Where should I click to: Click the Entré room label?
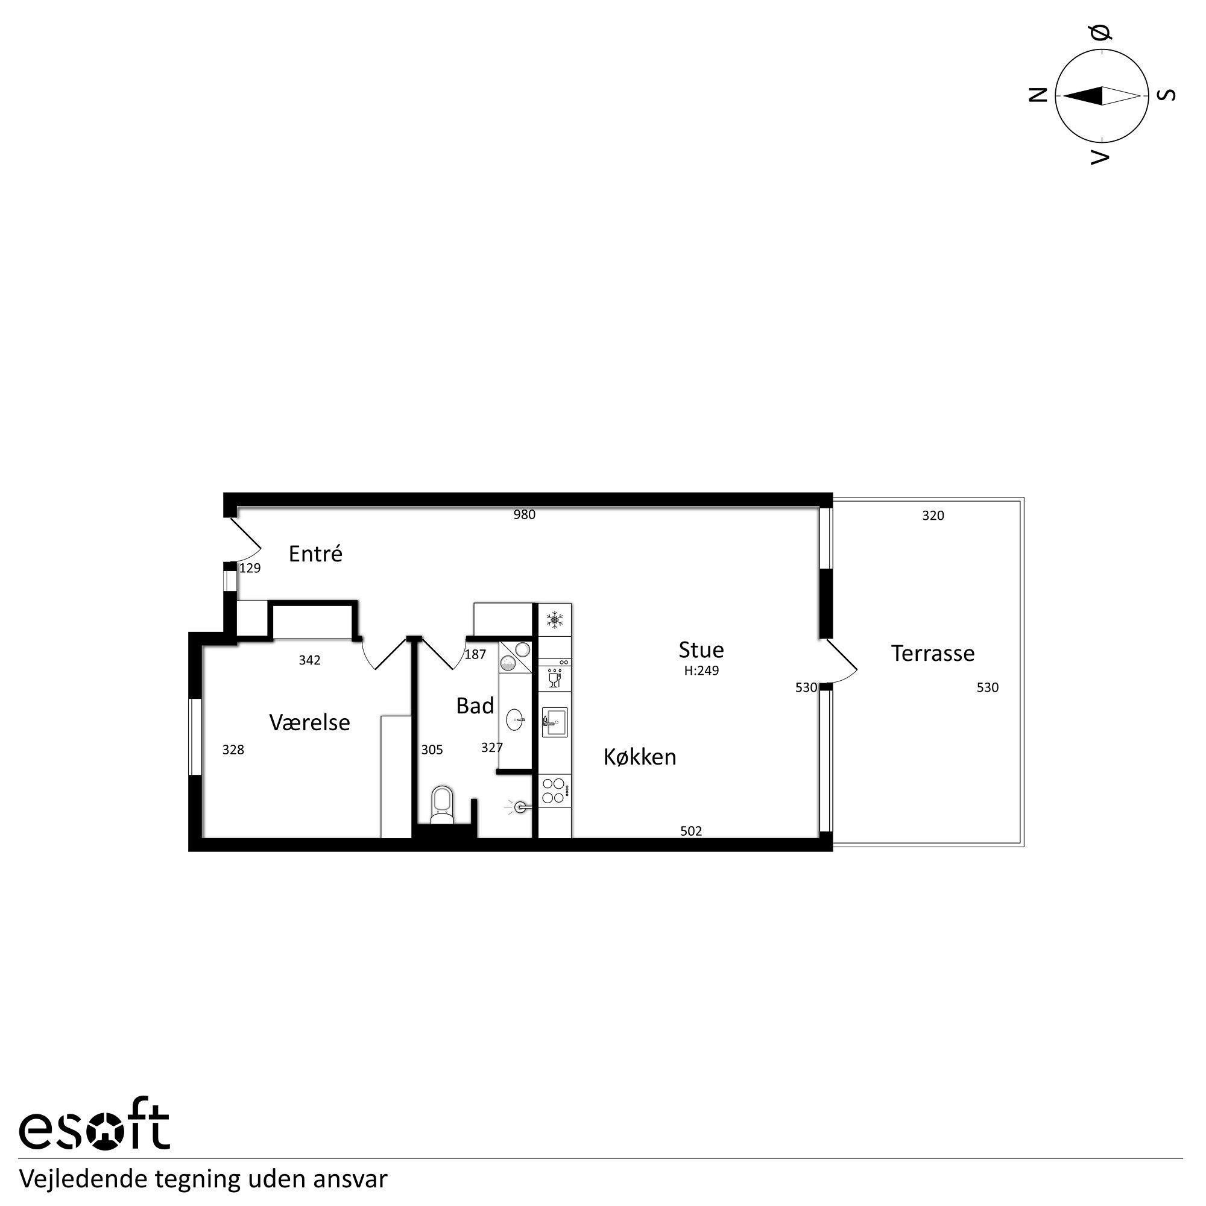pyautogui.click(x=315, y=554)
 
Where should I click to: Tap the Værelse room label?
pyautogui.click(x=309, y=722)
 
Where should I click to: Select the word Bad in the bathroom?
pyautogui.click(x=475, y=706)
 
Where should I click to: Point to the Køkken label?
pyautogui.click(x=639, y=757)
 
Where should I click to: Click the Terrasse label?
pyautogui.click(x=932, y=653)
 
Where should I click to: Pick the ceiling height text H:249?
pyautogui.click(x=701, y=671)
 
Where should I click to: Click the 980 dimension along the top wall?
pyautogui.click(x=524, y=514)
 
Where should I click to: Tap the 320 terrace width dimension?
pyautogui.click(x=933, y=515)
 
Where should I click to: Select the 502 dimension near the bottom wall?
pyautogui.click(x=690, y=831)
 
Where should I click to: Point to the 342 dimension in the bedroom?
pyautogui.click(x=309, y=660)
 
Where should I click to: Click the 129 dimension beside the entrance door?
pyautogui.click(x=250, y=568)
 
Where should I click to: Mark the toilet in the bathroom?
pyautogui.click(x=442, y=804)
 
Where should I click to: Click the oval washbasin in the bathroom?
pyautogui.click(x=515, y=719)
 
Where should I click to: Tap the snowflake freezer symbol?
pyautogui.click(x=554, y=620)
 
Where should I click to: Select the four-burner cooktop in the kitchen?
pyautogui.click(x=554, y=791)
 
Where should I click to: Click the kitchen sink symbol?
pyautogui.click(x=554, y=722)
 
